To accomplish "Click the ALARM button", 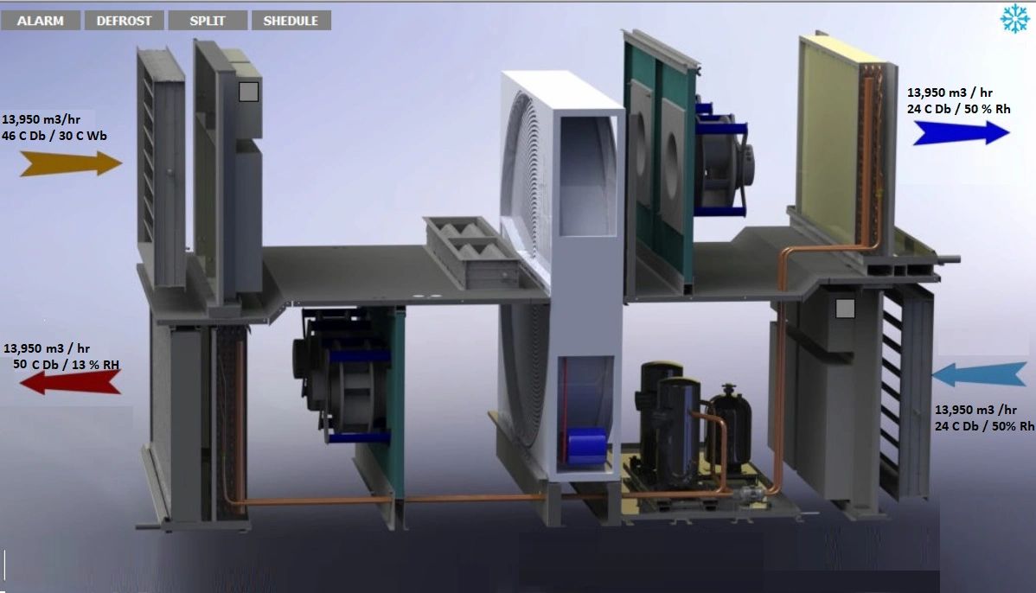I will [x=41, y=21].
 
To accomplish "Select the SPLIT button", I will [x=208, y=21].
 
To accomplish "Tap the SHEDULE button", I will [x=291, y=21].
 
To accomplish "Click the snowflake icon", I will [x=1014, y=19].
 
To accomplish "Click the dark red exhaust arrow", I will [x=70, y=381].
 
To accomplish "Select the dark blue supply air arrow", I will [x=961, y=132].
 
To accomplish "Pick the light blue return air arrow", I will [x=979, y=375].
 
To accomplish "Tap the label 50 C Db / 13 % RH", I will [x=66, y=365].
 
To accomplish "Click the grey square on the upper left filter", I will [x=249, y=92].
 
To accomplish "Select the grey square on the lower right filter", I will [x=845, y=308].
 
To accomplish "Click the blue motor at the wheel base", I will [x=586, y=444].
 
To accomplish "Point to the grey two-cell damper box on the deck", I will [x=472, y=251].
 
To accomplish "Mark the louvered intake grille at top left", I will [x=161, y=164].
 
